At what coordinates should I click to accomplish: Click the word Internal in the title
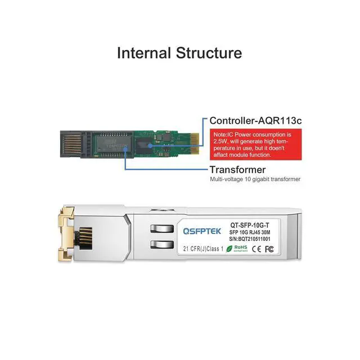coord(143,53)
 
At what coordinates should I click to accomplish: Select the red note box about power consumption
coord(254,144)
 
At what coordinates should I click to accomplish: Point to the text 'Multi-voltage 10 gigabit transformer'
coord(255,179)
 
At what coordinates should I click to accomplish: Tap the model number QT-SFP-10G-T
coord(250,224)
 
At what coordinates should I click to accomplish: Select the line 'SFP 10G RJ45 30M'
coord(250,232)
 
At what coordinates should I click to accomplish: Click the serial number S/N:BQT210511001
coord(250,238)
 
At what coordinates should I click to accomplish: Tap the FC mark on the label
coord(269,248)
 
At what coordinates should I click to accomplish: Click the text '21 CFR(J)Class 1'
coord(204,248)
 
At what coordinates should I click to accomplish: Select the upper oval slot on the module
coord(160,228)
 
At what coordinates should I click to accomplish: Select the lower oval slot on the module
coord(160,245)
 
